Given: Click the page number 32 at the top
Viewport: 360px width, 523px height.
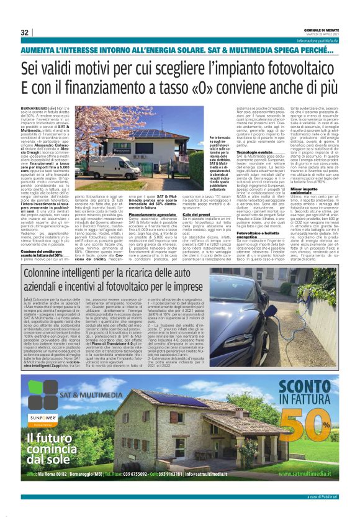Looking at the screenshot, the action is click(x=25, y=32).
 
